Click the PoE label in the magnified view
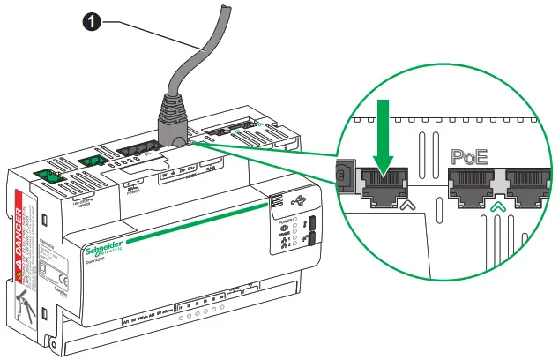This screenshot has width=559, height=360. (x=470, y=157)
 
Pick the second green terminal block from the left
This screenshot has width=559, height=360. (x=89, y=161)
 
